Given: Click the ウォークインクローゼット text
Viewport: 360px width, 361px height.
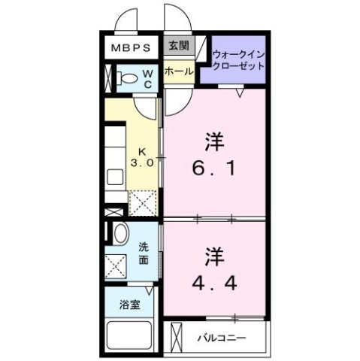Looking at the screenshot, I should tap(238, 59).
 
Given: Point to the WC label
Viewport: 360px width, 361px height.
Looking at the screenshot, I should tap(148, 78).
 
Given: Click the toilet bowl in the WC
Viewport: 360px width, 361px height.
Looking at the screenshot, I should tap(128, 77).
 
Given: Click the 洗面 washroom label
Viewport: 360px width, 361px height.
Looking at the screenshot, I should tap(144, 253).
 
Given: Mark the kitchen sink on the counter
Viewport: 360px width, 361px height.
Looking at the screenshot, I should tap(115, 179).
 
